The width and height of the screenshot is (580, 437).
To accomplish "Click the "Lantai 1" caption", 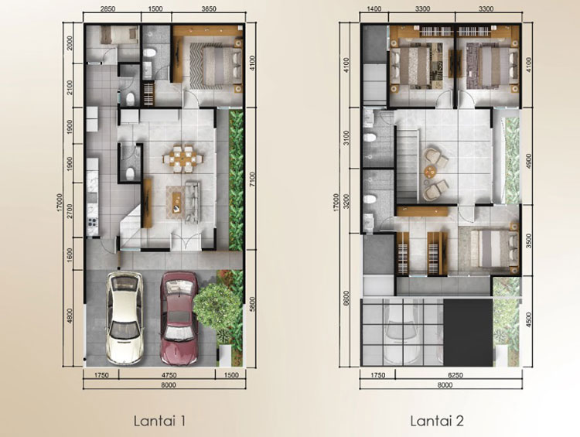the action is coord(159,421).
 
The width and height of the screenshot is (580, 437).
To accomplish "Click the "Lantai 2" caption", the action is coord(437,421).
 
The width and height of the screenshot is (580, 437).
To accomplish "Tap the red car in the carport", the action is coord(179,317).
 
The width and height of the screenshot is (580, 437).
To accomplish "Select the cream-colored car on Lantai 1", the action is coord(124,318).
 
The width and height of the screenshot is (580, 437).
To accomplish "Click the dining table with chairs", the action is coord(183,159).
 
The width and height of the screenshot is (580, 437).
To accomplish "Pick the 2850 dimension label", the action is coord(107,9).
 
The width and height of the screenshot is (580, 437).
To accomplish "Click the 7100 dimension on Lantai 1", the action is coord(251,179).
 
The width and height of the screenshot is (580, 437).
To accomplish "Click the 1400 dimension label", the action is coord(375,9).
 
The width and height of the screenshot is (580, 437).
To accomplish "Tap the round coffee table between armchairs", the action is coord(431,172).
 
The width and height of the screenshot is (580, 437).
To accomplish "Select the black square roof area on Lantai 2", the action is coord(468,333).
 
